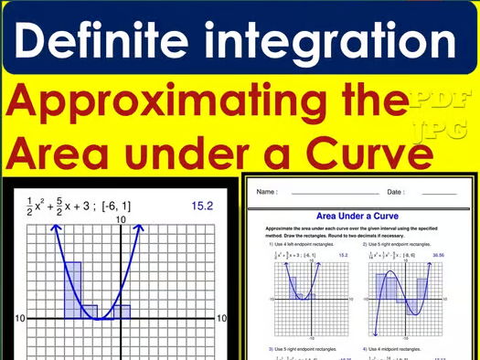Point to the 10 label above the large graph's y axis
tap(120, 220)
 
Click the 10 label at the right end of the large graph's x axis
tap(220, 318)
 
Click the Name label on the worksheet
tap(267, 193)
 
